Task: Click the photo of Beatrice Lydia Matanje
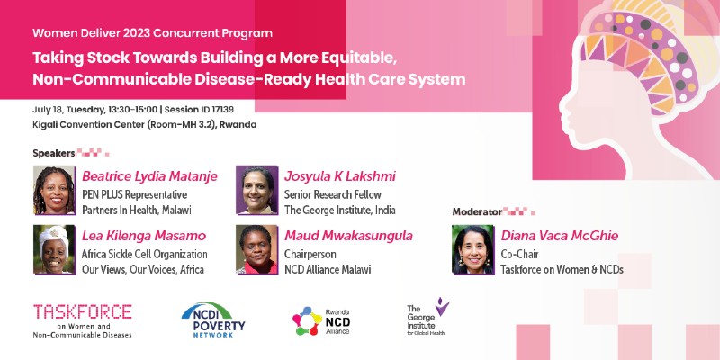tap(54, 190)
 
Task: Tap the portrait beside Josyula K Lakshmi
tap(256, 190)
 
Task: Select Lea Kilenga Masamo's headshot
tap(54, 249)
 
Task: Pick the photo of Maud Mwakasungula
tap(256, 249)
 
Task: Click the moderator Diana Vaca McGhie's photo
tap(473, 249)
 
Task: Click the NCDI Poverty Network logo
tap(213, 320)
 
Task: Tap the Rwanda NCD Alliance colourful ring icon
tap(307, 320)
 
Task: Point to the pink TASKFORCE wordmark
tap(83, 311)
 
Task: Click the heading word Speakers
tap(54, 153)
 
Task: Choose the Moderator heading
tap(477, 211)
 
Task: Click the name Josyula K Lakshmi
tap(340, 176)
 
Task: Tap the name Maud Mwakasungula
tap(348, 236)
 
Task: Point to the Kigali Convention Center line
tap(145, 124)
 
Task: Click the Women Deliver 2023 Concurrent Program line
tap(152, 33)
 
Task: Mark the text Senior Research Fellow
tap(333, 194)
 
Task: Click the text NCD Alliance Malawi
tap(328, 269)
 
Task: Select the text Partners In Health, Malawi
tap(137, 211)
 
